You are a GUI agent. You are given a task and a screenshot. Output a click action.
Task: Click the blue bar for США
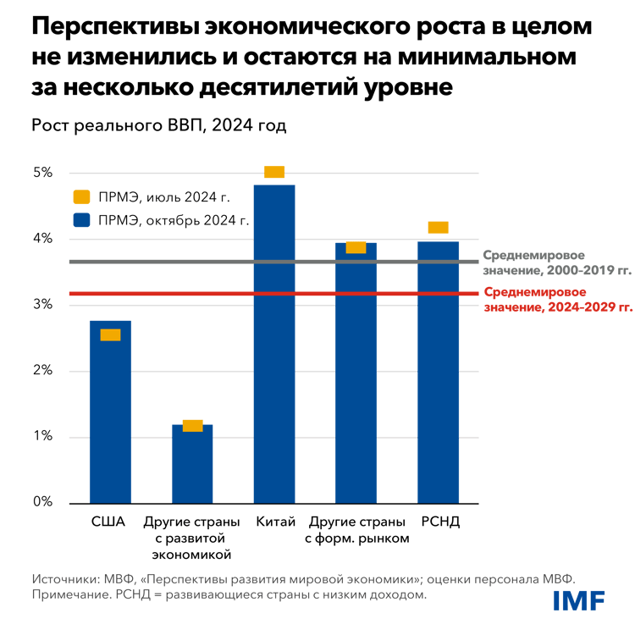point(110,415)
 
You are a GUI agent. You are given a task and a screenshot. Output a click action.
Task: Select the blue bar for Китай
point(274,356)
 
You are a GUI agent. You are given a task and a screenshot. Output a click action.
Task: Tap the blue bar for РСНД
point(439,381)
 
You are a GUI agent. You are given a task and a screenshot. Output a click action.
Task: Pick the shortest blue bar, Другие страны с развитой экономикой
point(192,466)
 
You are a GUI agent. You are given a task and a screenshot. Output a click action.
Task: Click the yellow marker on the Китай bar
point(274,172)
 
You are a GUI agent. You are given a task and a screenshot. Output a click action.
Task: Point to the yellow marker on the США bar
point(110,334)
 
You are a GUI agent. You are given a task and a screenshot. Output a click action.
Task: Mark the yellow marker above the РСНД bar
point(438,227)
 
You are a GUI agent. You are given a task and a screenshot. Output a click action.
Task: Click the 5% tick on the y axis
point(43,173)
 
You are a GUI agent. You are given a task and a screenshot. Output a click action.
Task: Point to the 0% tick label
point(43,503)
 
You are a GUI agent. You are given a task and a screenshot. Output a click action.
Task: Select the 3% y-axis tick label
point(43,305)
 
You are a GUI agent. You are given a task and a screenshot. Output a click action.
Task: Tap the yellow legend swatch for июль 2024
point(80,197)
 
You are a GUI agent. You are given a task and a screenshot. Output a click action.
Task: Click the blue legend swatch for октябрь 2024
point(80,222)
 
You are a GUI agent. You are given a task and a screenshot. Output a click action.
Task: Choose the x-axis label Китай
point(274,522)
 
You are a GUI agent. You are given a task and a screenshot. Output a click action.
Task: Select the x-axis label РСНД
point(439,522)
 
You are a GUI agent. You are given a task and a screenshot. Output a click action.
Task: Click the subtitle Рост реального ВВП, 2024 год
point(159,126)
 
